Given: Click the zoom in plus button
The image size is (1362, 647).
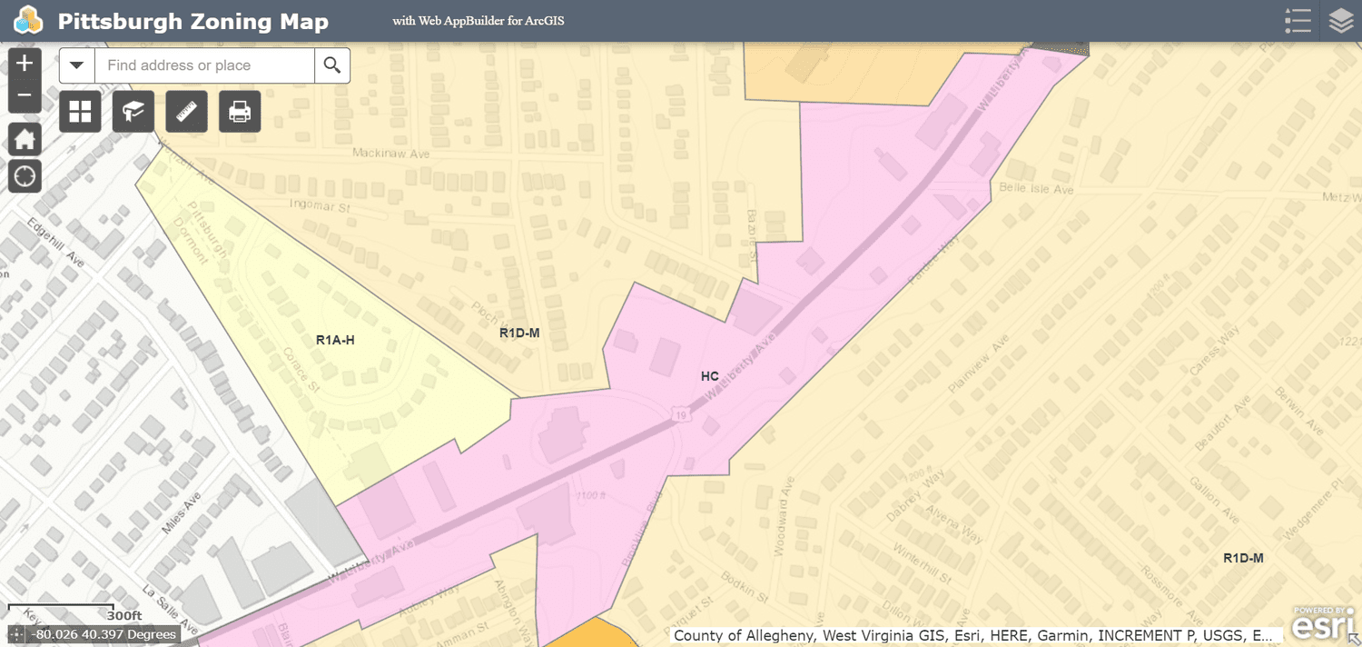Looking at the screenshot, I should (x=25, y=64).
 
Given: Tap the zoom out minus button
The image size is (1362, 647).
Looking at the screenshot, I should (x=25, y=95).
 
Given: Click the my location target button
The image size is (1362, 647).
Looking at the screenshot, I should (x=25, y=175).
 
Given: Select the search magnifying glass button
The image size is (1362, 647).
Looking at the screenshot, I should (x=332, y=65).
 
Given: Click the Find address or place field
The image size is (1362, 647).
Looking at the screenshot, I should (x=204, y=65).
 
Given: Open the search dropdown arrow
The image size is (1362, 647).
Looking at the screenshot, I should (x=77, y=65).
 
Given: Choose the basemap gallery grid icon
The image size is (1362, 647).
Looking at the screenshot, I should (x=80, y=112).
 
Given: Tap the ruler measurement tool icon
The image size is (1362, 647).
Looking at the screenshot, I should (x=187, y=112).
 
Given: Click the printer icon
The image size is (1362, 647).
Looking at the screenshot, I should (x=240, y=112).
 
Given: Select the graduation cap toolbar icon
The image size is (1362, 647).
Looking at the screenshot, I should (x=133, y=112).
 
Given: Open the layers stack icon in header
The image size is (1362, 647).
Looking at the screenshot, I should (x=1341, y=21).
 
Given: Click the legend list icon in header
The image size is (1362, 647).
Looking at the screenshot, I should (x=1298, y=21).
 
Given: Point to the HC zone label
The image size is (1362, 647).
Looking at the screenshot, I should (x=710, y=376).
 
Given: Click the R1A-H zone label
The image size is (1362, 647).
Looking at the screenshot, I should (x=335, y=340).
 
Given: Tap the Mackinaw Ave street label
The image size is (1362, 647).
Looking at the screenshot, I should (x=391, y=154).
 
